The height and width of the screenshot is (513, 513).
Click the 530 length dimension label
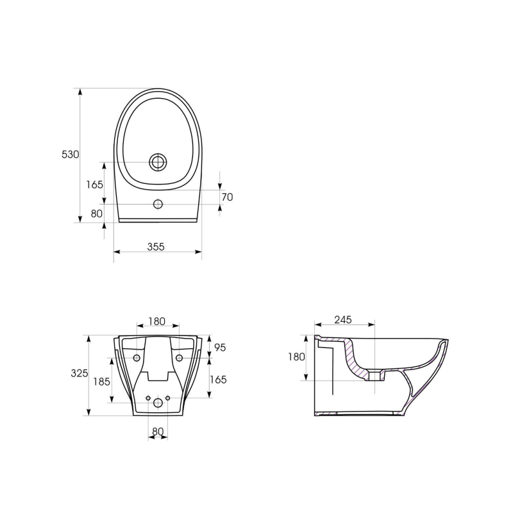(70, 155)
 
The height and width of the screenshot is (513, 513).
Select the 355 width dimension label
(156, 246)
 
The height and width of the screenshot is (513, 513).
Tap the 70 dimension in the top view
(227, 198)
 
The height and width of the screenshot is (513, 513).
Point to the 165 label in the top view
(95, 185)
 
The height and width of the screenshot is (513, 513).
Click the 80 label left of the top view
(97, 214)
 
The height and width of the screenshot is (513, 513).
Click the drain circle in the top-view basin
(157, 162)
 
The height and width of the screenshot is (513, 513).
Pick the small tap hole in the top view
(158, 205)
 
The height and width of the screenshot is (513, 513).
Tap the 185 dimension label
(102, 382)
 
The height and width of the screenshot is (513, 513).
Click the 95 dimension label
(219, 348)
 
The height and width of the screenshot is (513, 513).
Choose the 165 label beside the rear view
(218, 380)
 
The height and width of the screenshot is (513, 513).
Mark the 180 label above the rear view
(157, 321)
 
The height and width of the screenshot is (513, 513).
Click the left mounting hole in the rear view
(137, 357)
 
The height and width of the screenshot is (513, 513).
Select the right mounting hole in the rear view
(179, 357)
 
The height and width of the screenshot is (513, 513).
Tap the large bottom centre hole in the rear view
(158, 403)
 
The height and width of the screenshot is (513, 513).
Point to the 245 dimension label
(343, 320)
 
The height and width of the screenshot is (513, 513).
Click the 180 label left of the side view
(296, 357)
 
